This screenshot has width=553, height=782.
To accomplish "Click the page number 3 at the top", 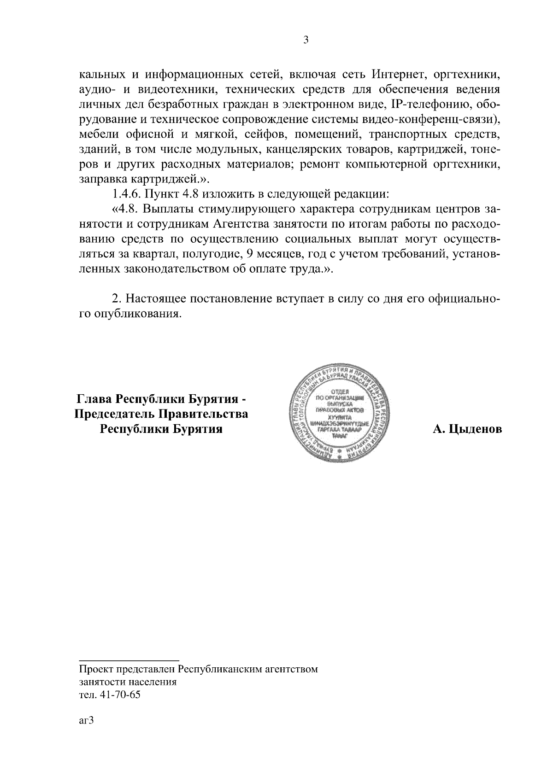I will coord(306,40).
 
